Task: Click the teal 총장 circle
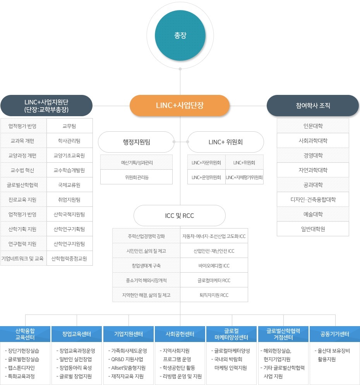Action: pos(180,35)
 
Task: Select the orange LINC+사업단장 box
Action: pos(180,105)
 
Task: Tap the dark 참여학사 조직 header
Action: pos(313,105)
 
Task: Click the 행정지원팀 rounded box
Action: pos(136,142)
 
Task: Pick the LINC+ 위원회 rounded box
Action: pos(225,142)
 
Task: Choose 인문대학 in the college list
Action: pos(313,126)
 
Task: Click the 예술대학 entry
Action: pos(313,214)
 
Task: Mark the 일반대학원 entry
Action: pos(313,229)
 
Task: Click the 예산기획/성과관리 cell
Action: pos(136,162)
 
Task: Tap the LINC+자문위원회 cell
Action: pos(206,163)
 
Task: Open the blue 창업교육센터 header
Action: pos(77,334)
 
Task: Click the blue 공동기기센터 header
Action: pos(335,334)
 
